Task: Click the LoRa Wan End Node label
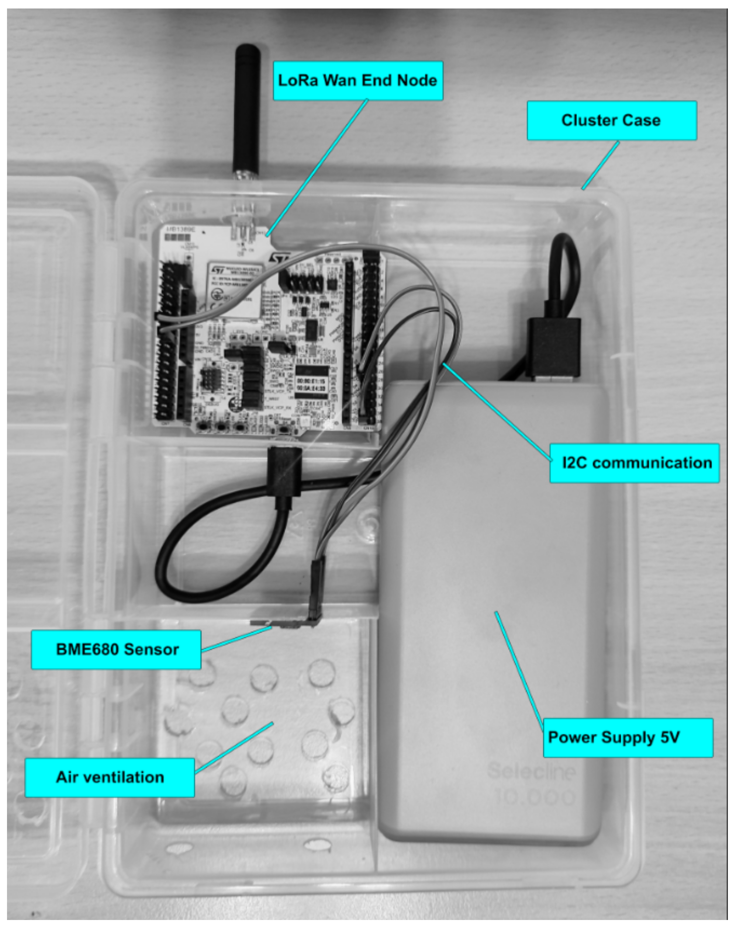tap(357, 80)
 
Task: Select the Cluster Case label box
tap(611, 120)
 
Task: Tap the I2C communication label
tap(634, 463)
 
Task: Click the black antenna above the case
tap(246, 108)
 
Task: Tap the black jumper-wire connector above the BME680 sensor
tap(317, 585)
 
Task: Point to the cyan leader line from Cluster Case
tap(601, 165)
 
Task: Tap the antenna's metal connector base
tap(246, 175)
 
